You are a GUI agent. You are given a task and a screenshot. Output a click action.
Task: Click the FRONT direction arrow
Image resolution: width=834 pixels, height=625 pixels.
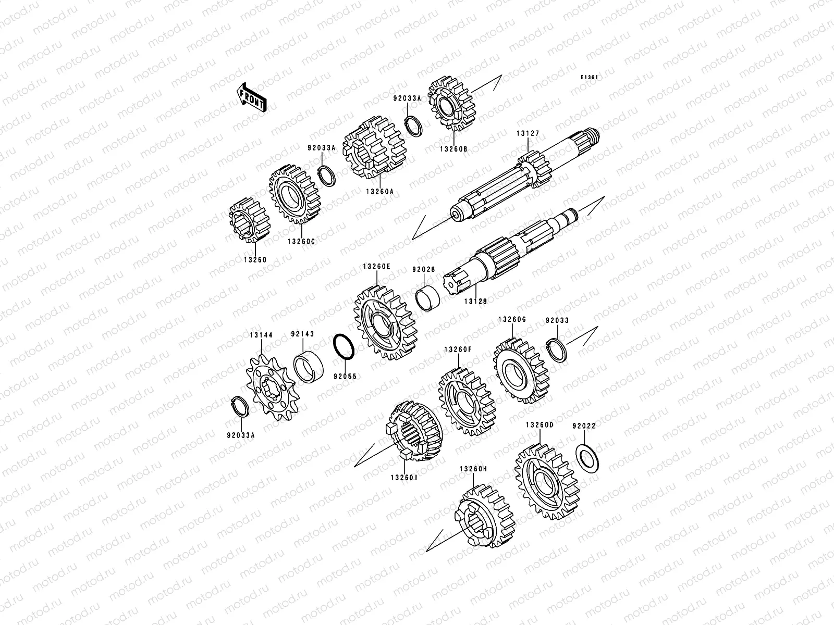(x=251, y=97)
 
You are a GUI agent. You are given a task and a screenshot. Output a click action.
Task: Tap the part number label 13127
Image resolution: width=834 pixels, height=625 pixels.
(x=528, y=133)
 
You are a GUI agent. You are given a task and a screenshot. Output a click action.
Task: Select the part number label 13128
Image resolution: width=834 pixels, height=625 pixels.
(x=475, y=302)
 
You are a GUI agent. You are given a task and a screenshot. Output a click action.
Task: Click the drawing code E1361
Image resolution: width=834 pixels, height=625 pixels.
(x=590, y=77)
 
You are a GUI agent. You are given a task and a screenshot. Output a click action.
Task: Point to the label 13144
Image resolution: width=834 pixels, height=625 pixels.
(x=261, y=335)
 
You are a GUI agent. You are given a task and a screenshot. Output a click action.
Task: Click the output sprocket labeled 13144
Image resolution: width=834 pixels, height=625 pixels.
(x=272, y=387)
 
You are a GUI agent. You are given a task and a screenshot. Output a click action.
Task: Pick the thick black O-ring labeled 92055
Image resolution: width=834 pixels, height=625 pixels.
(x=344, y=346)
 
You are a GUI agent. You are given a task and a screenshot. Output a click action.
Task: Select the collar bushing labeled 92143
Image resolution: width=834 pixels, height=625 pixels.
(x=308, y=367)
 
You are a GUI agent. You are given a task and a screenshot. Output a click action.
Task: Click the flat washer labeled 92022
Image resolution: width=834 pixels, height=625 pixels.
(x=587, y=459)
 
